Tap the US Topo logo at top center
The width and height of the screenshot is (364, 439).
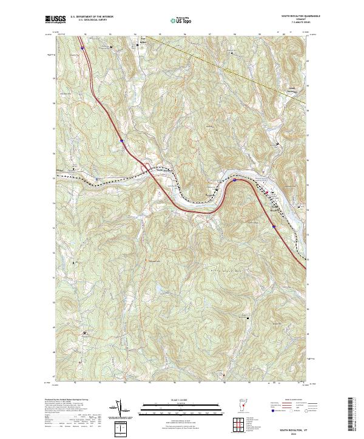pyautogui.click(x=177, y=21)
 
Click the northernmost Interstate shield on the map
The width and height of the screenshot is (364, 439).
pyautogui.click(x=83, y=44)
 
